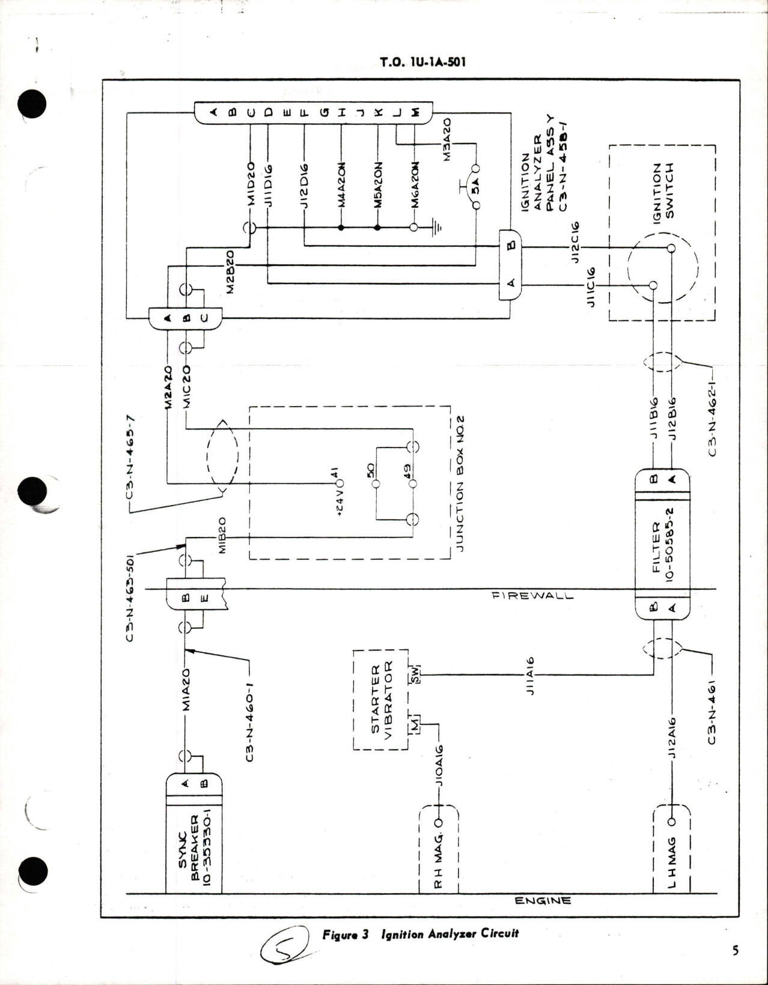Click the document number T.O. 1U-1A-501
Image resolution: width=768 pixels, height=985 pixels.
click(423, 62)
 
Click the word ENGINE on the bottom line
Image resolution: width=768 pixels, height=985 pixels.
click(543, 900)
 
